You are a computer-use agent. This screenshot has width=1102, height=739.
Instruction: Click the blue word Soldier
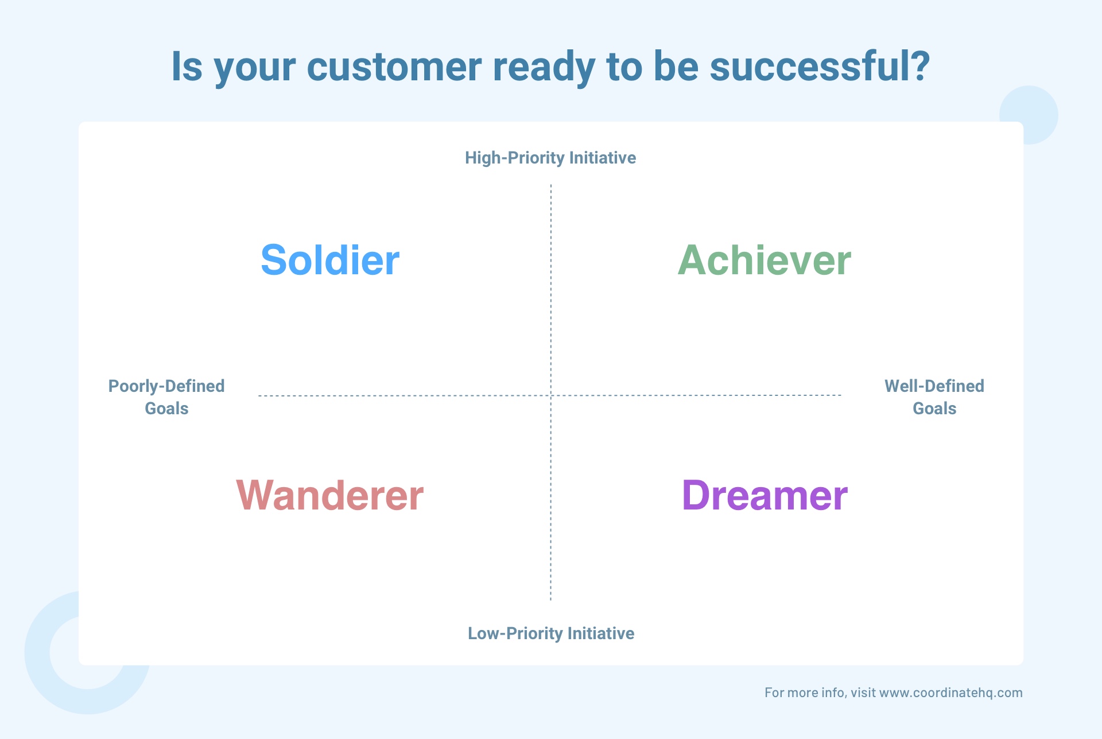(330, 260)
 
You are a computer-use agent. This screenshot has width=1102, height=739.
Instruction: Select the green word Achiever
(765, 260)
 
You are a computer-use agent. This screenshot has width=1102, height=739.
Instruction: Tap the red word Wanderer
(330, 495)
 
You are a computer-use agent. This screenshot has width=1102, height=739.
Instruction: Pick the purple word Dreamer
(765, 495)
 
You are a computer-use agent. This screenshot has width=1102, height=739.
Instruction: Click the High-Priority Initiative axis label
(550, 158)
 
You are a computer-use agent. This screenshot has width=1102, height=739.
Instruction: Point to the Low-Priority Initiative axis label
(551, 633)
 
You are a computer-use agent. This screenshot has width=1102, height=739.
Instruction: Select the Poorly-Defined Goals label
(166, 397)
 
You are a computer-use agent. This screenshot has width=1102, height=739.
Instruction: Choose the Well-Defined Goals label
(934, 397)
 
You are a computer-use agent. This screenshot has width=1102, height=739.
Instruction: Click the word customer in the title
(394, 67)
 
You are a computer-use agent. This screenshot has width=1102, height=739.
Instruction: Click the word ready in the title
(544, 68)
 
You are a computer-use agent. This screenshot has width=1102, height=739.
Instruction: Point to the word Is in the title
(187, 67)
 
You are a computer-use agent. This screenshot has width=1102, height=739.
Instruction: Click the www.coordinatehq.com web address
(951, 693)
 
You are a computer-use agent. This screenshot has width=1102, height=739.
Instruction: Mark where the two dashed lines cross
(551, 395)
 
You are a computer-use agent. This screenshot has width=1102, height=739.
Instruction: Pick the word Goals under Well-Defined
(934, 409)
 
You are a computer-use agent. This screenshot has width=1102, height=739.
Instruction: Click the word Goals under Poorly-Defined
(166, 409)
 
